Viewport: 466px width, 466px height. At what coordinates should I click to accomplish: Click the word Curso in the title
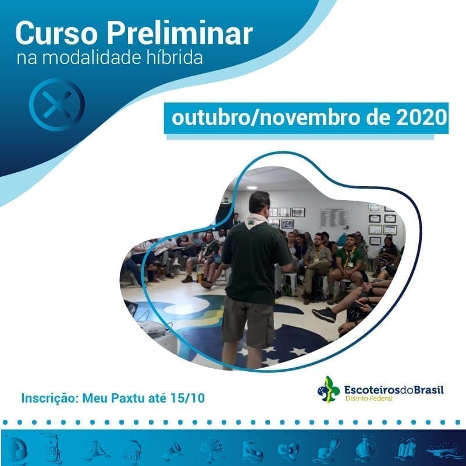pyautogui.click(x=56, y=33)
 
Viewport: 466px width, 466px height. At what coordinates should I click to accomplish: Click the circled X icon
pyautogui.click(x=57, y=105)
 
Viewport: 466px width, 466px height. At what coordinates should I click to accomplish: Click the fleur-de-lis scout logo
pyautogui.click(x=329, y=390)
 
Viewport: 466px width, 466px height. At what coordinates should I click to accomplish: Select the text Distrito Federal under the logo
pyautogui.click(x=369, y=399)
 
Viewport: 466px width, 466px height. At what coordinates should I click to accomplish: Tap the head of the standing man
pyautogui.click(x=259, y=202)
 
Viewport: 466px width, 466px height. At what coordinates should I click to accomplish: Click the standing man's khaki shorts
pyautogui.click(x=248, y=321)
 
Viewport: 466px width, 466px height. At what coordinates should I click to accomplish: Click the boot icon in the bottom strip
pyautogui.click(x=252, y=450)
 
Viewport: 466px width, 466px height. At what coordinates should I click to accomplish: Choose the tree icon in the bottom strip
pyautogui.click(x=212, y=449)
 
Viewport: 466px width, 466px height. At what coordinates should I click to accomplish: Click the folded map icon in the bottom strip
pyautogui.click(x=406, y=449)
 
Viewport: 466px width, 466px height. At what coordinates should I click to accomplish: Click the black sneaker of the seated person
pyautogui.click(x=324, y=314)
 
